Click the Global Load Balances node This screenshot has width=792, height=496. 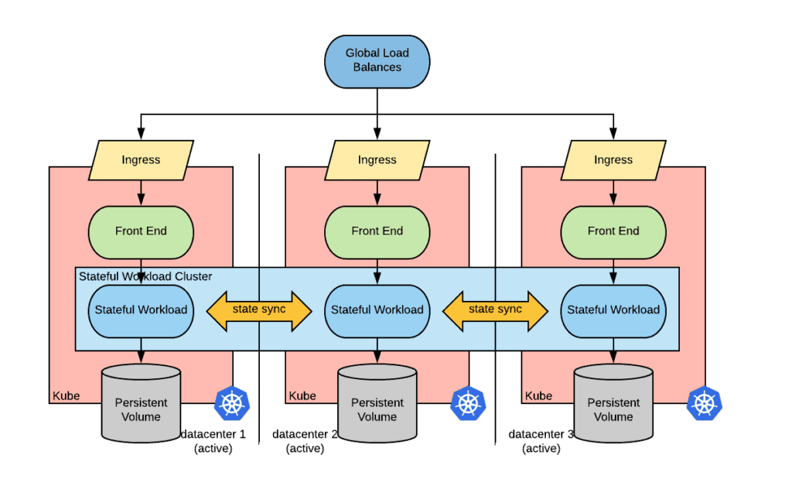click(x=377, y=60)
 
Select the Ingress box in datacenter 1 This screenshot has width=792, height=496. click(x=141, y=160)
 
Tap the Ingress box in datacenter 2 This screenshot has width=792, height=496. click(x=377, y=160)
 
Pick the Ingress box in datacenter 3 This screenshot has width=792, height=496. click(x=613, y=160)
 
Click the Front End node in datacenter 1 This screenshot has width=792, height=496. click(x=141, y=231)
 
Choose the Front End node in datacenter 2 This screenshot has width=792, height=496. click(x=377, y=231)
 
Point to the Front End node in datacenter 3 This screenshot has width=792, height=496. click(x=613, y=231)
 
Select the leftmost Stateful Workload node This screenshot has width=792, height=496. click(x=141, y=310)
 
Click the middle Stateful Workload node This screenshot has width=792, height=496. click(x=377, y=310)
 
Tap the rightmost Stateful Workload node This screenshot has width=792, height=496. click(x=613, y=310)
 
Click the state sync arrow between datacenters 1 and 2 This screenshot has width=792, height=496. click(x=259, y=310)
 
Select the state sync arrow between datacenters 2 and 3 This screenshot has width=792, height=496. click(x=496, y=310)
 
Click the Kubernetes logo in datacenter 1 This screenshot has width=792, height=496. click(x=231, y=402)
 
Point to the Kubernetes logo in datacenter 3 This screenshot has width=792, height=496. click(x=704, y=402)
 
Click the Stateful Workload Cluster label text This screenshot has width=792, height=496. click(x=145, y=276)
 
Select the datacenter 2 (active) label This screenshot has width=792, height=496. click(x=305, y=441)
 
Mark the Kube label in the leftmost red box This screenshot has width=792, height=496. click(x=66, y=396)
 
